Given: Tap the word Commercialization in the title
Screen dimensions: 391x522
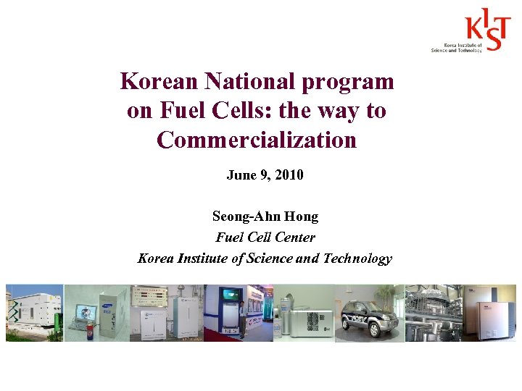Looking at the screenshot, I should (x=257, y=139).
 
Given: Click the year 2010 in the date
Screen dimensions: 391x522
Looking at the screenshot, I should (x=289, y=175).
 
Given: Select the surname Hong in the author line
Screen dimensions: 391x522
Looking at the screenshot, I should (x=302, y=216).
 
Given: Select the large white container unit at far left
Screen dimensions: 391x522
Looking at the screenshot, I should (x=33, y=310).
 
